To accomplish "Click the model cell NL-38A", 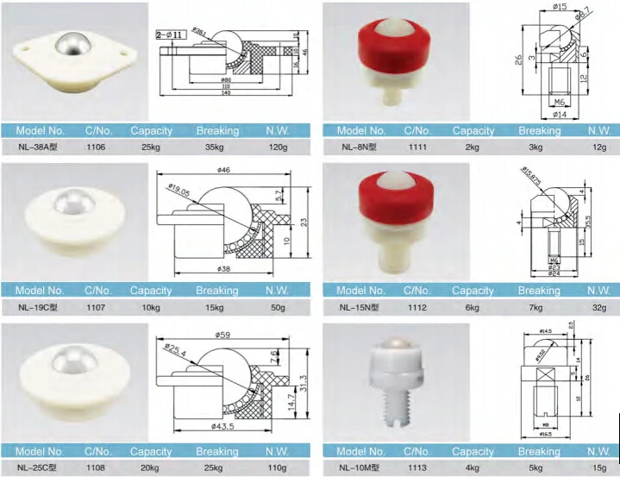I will click(x=41, y=147).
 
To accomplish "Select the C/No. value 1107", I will click(x=96, y=307).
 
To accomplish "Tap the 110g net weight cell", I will click(x=277, y=467).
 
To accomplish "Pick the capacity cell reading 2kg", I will click(x=473, y=147).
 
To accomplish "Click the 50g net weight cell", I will click(x=277, y=307).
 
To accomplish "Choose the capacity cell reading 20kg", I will click(x=151, y=467).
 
